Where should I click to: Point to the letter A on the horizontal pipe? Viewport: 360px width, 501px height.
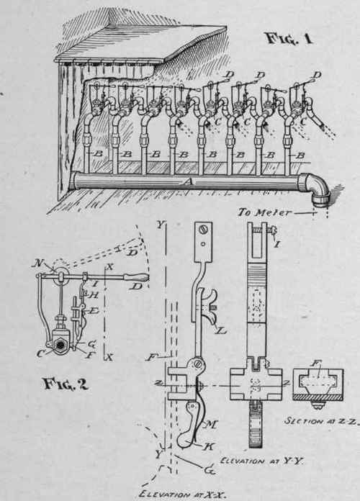pos(189,184)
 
